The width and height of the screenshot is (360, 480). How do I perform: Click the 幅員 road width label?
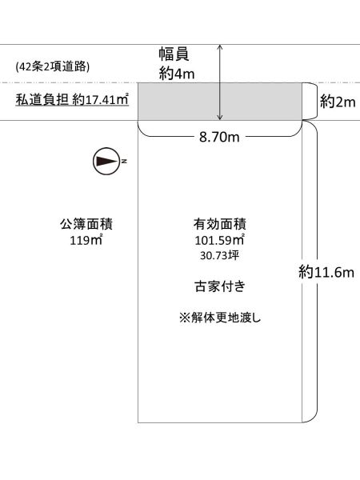pos(174,54)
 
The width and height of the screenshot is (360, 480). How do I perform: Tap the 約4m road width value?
pos(177,74)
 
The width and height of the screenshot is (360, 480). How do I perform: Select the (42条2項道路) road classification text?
pos(53,66)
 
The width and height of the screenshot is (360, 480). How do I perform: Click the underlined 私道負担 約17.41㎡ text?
pos(72,100)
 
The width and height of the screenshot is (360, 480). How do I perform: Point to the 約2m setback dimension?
pos(338,102)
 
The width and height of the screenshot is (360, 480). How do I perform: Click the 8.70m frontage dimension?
pos(219,137)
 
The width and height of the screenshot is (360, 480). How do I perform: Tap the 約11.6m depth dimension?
pos(326,272)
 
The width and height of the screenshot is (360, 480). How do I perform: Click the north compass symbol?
pos(106,161)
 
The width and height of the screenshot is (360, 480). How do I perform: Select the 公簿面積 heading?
pos(86,224)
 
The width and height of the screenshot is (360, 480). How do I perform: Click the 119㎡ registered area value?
pos(86,240)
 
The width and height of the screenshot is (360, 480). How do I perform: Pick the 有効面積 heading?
pos(219,224)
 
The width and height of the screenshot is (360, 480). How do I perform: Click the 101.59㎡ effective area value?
pos(219,240)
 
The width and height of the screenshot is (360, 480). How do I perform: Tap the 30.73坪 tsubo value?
pos(219,255)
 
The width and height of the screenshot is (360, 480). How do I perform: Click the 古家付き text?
pos(220,286)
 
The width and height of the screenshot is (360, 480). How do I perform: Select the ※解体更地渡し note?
pos(220,318)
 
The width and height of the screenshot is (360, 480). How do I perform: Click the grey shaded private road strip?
pos(220,102)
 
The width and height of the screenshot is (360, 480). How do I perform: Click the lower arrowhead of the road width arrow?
pos(220,118)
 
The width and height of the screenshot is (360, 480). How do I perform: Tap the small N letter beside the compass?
pos(124,161)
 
